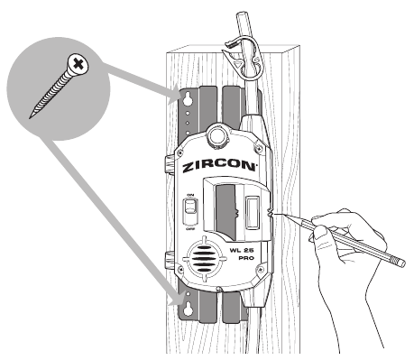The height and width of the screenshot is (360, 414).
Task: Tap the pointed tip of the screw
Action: (32, 116)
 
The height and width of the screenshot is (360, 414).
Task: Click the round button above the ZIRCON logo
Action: (218, 135)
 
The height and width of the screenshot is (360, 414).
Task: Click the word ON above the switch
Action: (190, 196)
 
